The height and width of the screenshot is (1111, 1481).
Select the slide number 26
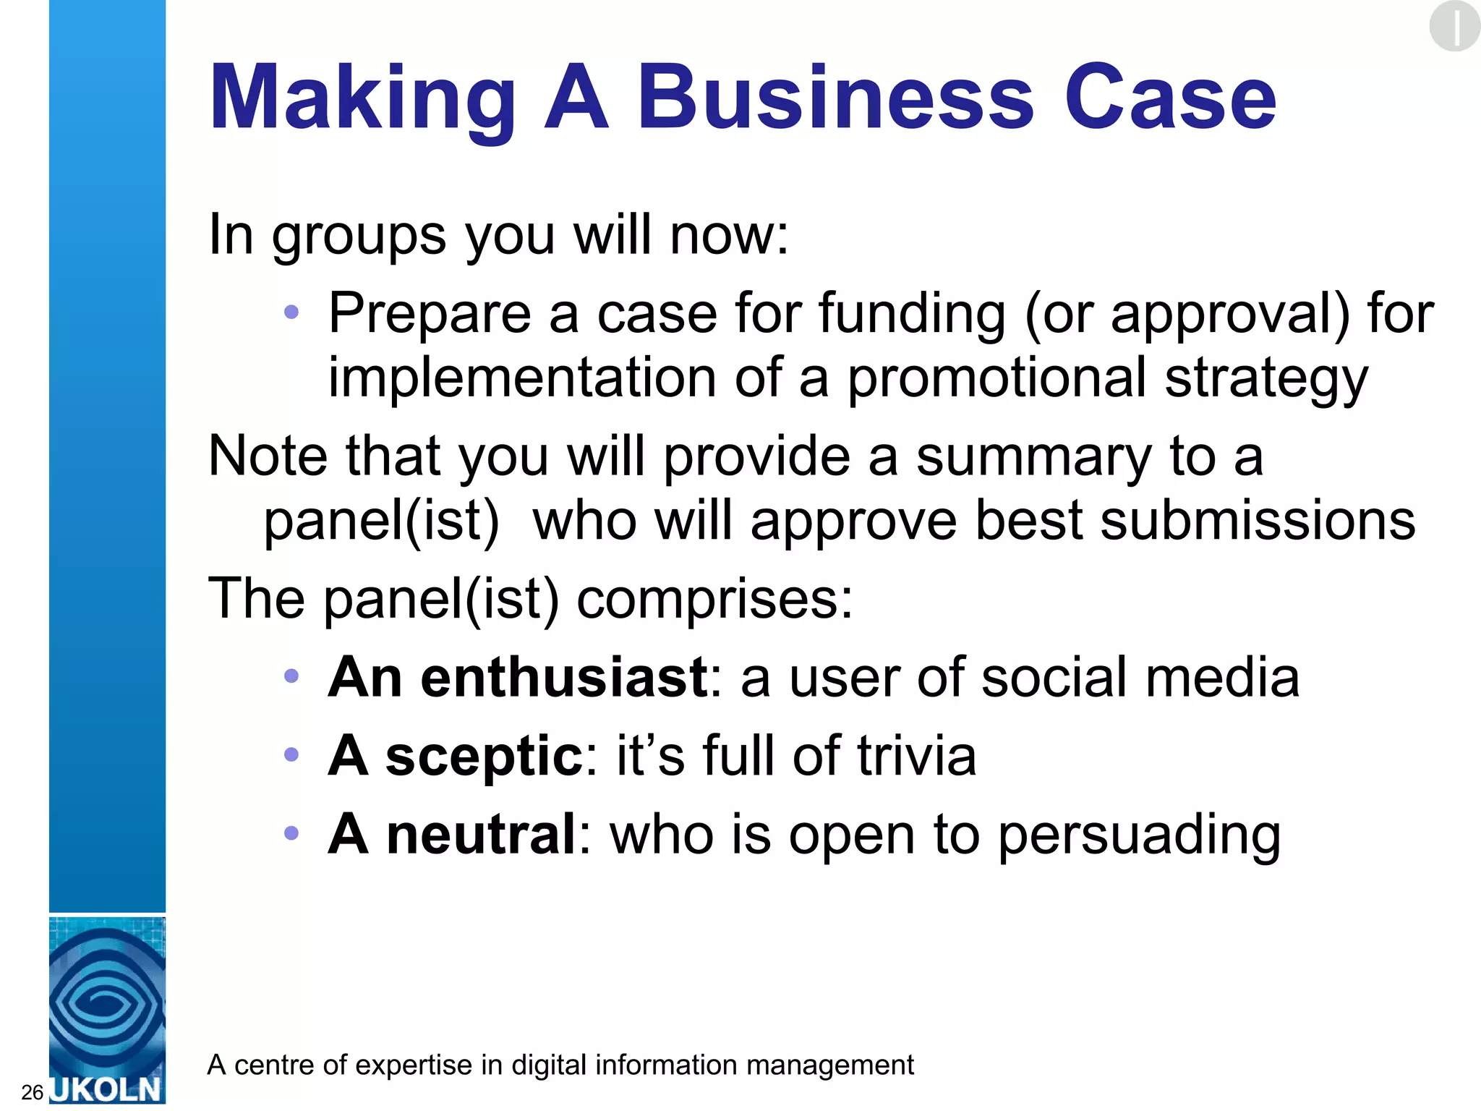[33, 1092]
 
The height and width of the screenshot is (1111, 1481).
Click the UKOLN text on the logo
[107, 1089]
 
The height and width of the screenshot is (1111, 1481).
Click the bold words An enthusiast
[518, 677]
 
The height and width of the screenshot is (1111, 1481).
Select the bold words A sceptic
[456, 756]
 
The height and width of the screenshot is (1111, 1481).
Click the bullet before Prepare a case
[291, 312]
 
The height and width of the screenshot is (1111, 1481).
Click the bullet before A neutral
[291, 833]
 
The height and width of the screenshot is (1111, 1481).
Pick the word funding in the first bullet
[912, 315]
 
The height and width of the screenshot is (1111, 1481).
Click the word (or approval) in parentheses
[1187, 315]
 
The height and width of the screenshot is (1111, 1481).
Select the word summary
[1033, 458]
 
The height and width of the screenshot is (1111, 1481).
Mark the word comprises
[714, 600]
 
